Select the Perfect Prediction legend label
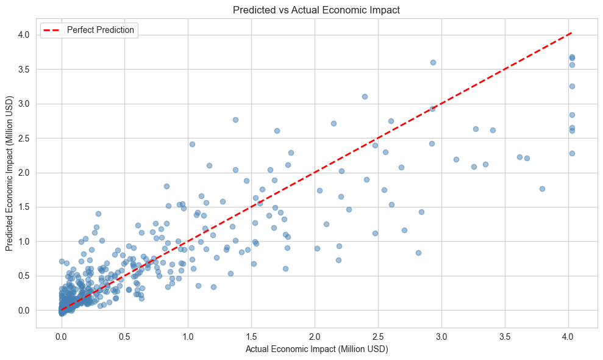tap(101, 30)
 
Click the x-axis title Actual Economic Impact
tap(316, 349)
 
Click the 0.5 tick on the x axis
tap(124, 336)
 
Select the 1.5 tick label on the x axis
tap(251, 336)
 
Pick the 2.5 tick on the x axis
tap(378, 336)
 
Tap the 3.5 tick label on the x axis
tap(505, 336)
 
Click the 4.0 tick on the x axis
tap(568, 336)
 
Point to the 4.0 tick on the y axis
tap(24, 35)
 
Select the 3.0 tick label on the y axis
tap(24, 104)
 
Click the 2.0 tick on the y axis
tap(24, 173)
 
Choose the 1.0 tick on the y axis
tap(24, 242)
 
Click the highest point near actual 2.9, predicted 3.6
tap(433, 62)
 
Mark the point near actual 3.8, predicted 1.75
tap(542, 189)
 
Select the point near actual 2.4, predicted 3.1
tap(365, 96)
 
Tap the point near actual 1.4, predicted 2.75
tap(235, 120)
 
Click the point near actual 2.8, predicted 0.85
tap(418, 253)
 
